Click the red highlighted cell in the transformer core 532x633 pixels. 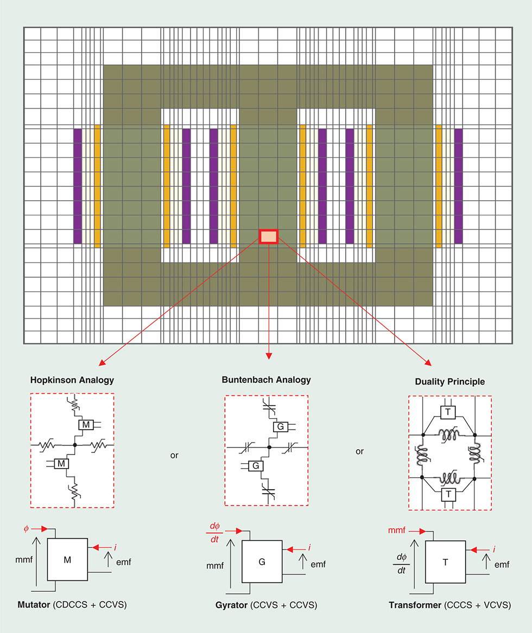pyautogui.click(x=269, y=236)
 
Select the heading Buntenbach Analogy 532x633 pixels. pyautogui.click(x=266, y=380)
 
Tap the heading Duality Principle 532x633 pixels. pyautogui.click(x=449, y=382)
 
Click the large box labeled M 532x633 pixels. pyautogui.click(x=68, y=560)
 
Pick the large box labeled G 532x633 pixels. pyautogui.click(x=262, y=562)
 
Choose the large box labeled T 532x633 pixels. pyautogui.click(x=446, y=562)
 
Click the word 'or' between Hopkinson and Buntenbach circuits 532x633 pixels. pyautogui.click(x=174, y=456)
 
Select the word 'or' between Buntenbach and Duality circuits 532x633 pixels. pyautogui.click(x=359, y=451)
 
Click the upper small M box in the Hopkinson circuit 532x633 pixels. pyautogui.click(x=86, y=425)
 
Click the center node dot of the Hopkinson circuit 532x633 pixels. pyautogui.click(x=75, y=445)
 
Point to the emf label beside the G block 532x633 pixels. pyautogui.click(x=318, y=564)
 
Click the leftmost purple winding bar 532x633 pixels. pyautogui.click(x=78, y=186)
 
